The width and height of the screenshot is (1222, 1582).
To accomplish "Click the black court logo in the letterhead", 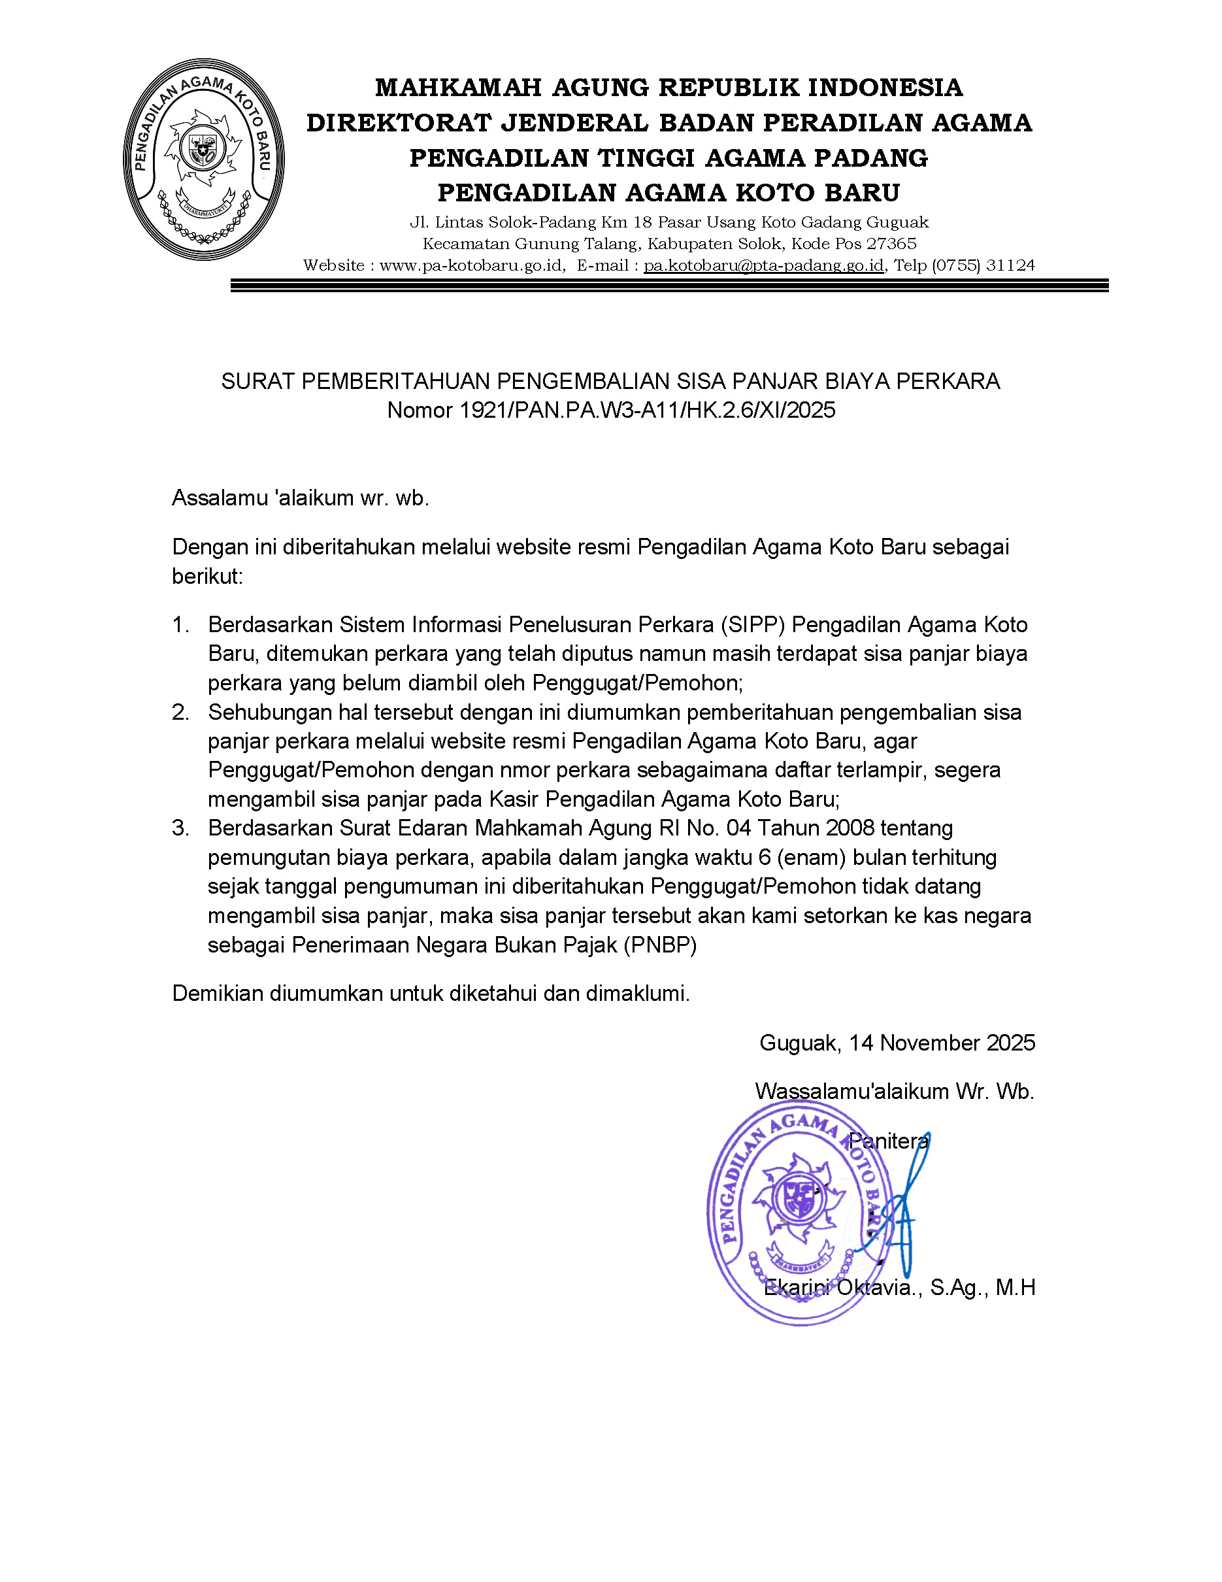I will (x=203, y=160).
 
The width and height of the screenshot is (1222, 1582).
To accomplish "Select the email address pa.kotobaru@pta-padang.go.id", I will (x=764, y=265).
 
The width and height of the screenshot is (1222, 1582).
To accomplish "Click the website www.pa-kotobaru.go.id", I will (x=472, y=265).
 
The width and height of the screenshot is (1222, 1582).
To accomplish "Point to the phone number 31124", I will (x=1011, y=265).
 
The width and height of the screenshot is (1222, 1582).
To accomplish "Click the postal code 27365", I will (x=892, y=243).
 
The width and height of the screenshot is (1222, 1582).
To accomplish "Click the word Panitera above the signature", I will (x=888, y=1141).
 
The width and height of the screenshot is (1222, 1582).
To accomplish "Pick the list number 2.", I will (x=180, y=712).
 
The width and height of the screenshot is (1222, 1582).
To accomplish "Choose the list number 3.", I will (x=180, y=828).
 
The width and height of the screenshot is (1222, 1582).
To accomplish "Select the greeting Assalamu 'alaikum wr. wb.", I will (x=301, y=498).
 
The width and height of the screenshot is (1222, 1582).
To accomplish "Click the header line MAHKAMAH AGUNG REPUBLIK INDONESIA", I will (x=669, y=88).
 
